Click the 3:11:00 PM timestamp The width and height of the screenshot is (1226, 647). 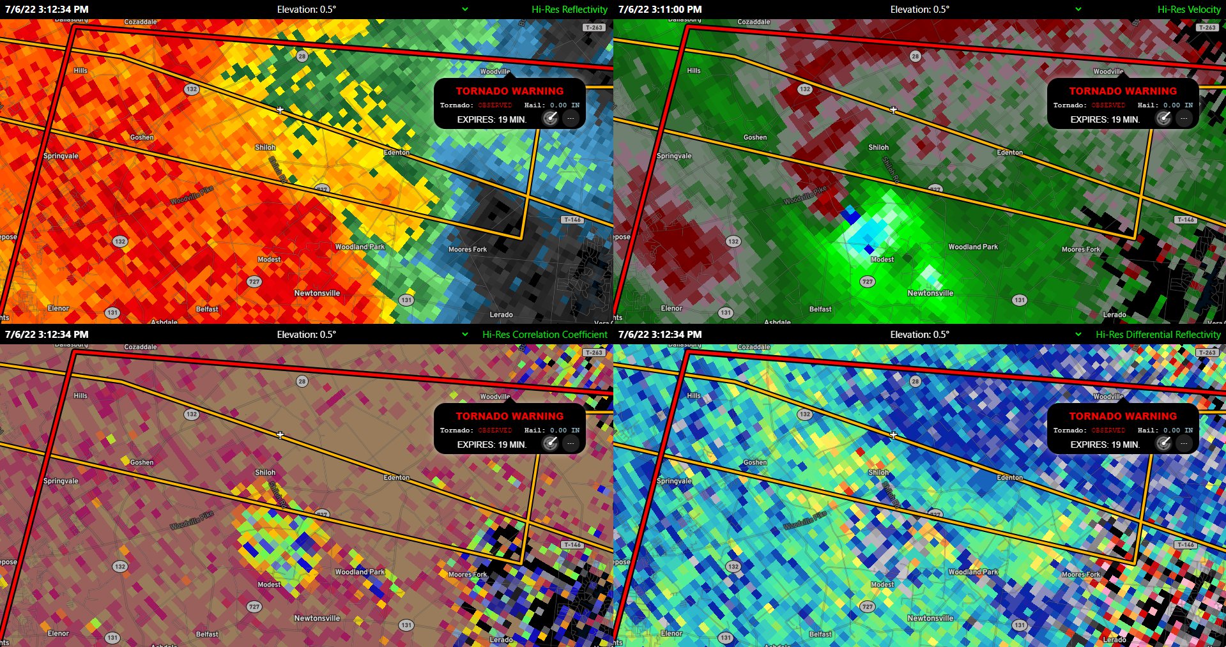(x=660, y=10)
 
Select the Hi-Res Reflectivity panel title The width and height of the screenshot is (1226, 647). (x=569, y=10)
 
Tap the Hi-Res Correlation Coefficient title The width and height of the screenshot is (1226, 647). (x=544, y=335)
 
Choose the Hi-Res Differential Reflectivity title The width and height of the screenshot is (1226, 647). (x=1158, y=335)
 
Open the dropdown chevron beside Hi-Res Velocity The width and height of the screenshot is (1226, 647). (x=1078, y=10)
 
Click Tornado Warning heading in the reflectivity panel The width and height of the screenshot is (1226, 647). (x=509, y=91)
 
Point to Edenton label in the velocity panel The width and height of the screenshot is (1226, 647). (x=1009, y=153)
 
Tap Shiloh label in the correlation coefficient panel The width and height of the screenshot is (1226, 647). (x=265, y=473)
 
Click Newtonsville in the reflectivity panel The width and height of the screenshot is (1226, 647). (x=317, y=293)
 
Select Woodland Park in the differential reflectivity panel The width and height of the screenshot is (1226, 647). (x=972, y=572)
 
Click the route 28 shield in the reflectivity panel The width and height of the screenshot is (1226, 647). (x=302, y=56)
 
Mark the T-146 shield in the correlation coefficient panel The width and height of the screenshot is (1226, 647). (x=572, y=545)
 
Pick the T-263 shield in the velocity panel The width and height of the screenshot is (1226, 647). (x=1207, y=27)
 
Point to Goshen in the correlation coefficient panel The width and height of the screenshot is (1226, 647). (x=142, y=462)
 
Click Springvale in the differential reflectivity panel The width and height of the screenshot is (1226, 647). (x=674, y=481)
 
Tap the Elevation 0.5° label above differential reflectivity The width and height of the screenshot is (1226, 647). (x=919, y=335)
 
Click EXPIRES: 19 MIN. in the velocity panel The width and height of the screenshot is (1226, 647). (x=1105, y=119)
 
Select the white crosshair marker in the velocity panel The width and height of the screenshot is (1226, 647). (x=893, y=110)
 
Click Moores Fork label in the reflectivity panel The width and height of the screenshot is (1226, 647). (x=467, y=250)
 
